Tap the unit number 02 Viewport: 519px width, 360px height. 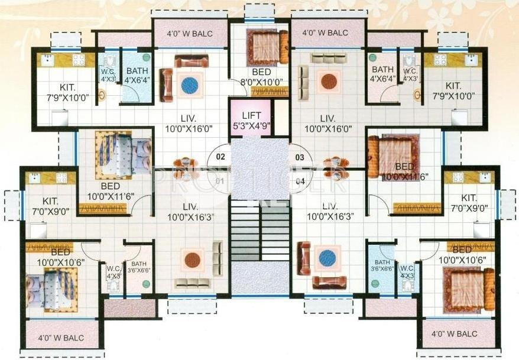tap(220, 157)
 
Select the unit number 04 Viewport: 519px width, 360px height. tap(300, 181)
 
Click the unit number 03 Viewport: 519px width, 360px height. tap(300, 157)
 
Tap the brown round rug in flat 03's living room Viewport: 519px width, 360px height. tap(328, 81)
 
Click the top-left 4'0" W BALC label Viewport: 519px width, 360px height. tap(190, 33)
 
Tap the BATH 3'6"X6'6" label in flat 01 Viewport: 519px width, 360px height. tap(140, 268)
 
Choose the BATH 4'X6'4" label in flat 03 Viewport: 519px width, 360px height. tap(382, 74)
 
